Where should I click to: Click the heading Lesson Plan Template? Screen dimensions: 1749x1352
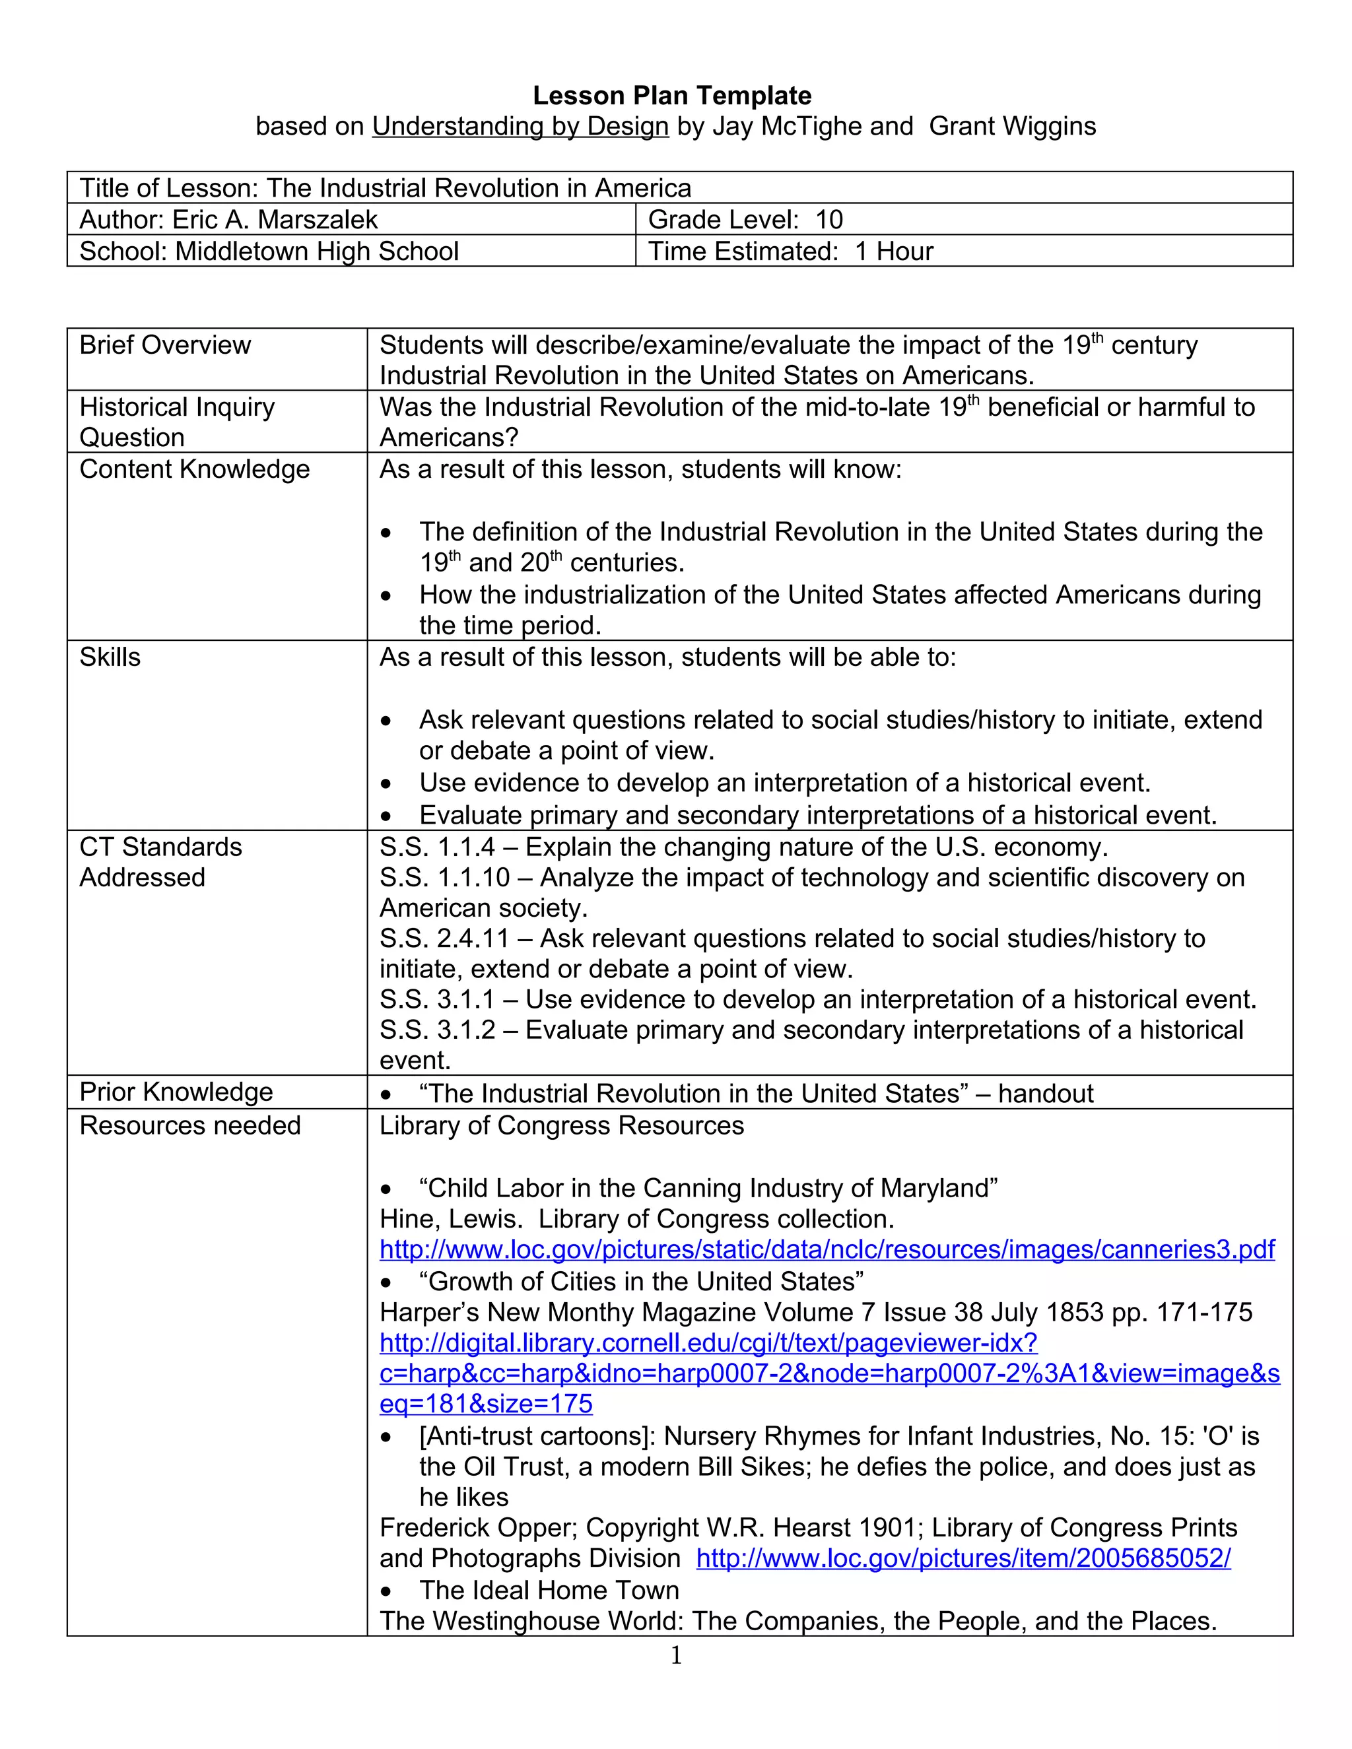point(672,96)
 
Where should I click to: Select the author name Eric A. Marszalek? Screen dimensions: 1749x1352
point(275,219)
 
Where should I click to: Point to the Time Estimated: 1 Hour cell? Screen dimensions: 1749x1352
point(790,251)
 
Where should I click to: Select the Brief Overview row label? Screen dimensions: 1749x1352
point(165,345)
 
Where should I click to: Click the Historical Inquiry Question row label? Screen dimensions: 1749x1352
point(176,422)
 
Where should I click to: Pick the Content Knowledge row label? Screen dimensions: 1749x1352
point(194,469)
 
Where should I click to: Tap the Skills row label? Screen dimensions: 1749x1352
point(110,657)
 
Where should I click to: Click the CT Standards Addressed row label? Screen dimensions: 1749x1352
point(160,863)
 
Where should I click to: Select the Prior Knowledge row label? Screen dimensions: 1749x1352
point(176,1092)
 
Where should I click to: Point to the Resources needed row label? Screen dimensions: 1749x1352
point(190,1126)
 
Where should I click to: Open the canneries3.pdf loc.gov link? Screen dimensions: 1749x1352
point(827,1250)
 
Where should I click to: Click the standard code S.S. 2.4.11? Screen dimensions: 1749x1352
point(444,939)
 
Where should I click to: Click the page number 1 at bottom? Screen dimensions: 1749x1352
point(675,1655)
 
